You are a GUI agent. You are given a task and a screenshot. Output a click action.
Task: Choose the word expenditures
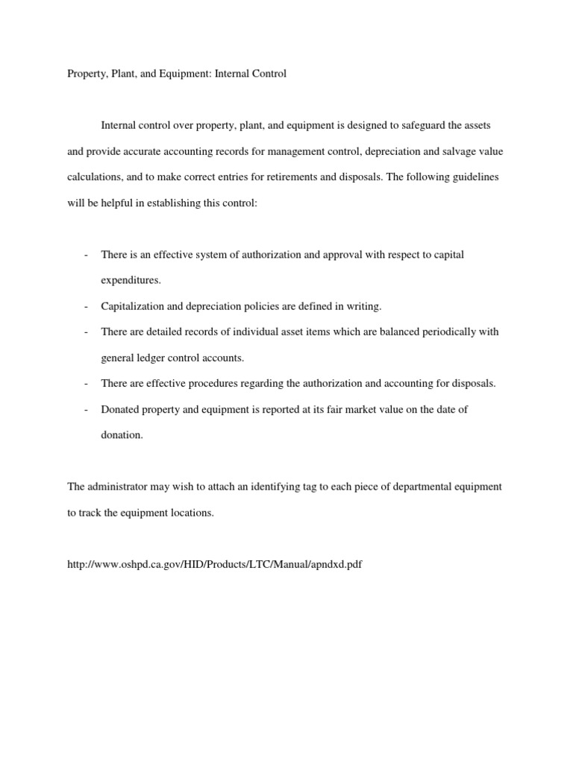pyautogui.click(x=130, y=280)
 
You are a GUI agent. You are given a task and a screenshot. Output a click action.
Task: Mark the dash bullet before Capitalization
pyautogui.click(x=87, y=306)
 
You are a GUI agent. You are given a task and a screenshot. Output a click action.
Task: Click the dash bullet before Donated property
pyautogui.click(x=87, y=409)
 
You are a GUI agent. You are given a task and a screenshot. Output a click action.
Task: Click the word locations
pyautogui.click(x=192, y=513)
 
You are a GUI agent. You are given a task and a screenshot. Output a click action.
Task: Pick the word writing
pyautogui.click(x=362, y=306)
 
